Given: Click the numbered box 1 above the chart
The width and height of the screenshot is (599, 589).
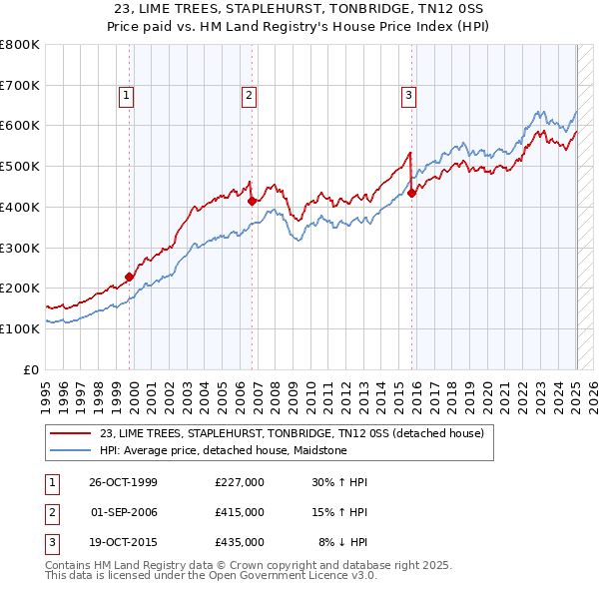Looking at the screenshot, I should point(128,96).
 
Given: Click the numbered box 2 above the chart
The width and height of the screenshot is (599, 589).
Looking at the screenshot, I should point(249,96).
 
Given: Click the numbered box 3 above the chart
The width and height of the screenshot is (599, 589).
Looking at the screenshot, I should point(409,96).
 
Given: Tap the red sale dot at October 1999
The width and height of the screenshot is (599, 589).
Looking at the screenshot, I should point(129,278).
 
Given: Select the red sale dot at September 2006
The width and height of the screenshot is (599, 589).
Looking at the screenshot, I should point(252,202).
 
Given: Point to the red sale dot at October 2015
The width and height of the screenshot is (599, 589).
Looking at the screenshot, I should point(411,194).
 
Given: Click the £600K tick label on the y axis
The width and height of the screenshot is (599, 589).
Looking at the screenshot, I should point(20,126).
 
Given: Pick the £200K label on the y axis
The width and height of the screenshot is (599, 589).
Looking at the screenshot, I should point(20,289).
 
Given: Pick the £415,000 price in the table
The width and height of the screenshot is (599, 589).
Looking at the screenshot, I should point(239,512).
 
